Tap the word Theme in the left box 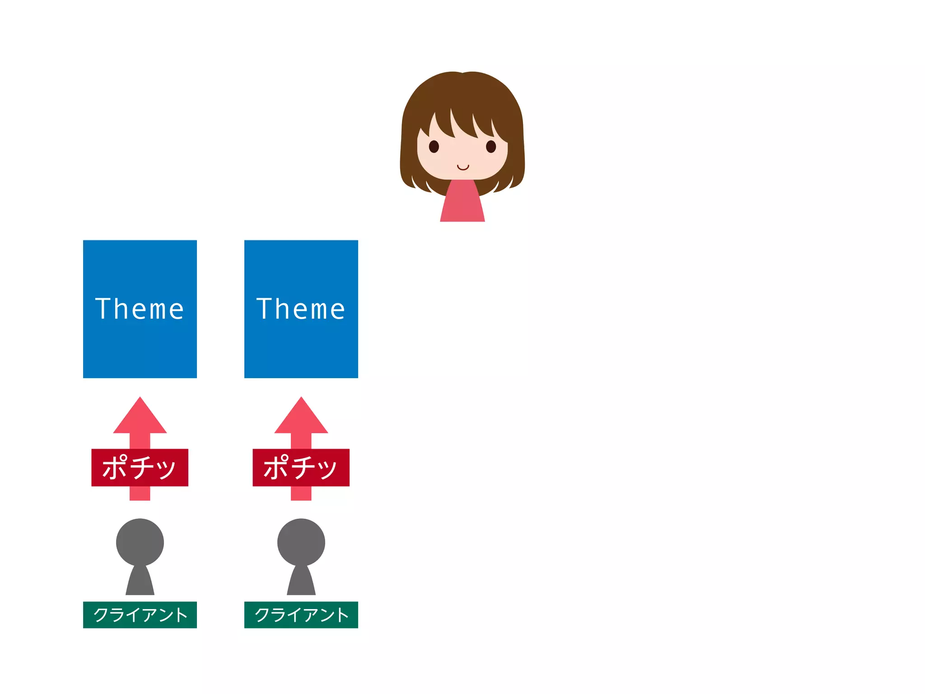(140, 309)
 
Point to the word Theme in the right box (301, 309)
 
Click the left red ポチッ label (140, 467)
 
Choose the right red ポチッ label (301, 467)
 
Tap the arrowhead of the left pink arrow (140, 418)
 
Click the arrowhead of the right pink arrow (301, 418)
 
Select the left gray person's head (140, 542)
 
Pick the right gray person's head (301, 542)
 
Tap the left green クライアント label (140, 614)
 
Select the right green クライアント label (301, 614)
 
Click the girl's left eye (434, 146)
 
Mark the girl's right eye (491, 146)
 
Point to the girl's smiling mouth (462, 168)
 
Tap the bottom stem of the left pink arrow (140, 493)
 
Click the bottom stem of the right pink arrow (301, 493)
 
